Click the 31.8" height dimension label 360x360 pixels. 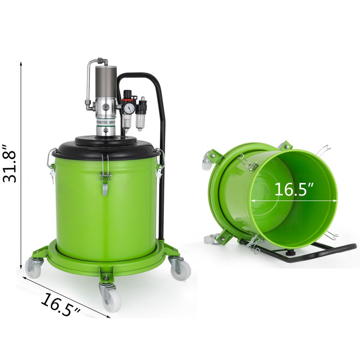pos(10,164)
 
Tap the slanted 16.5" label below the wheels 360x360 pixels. pos(60,305)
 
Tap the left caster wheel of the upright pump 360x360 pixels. pos(34,269)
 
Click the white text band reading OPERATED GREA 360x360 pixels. pos(106,123)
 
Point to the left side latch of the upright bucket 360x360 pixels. pos(52,166)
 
